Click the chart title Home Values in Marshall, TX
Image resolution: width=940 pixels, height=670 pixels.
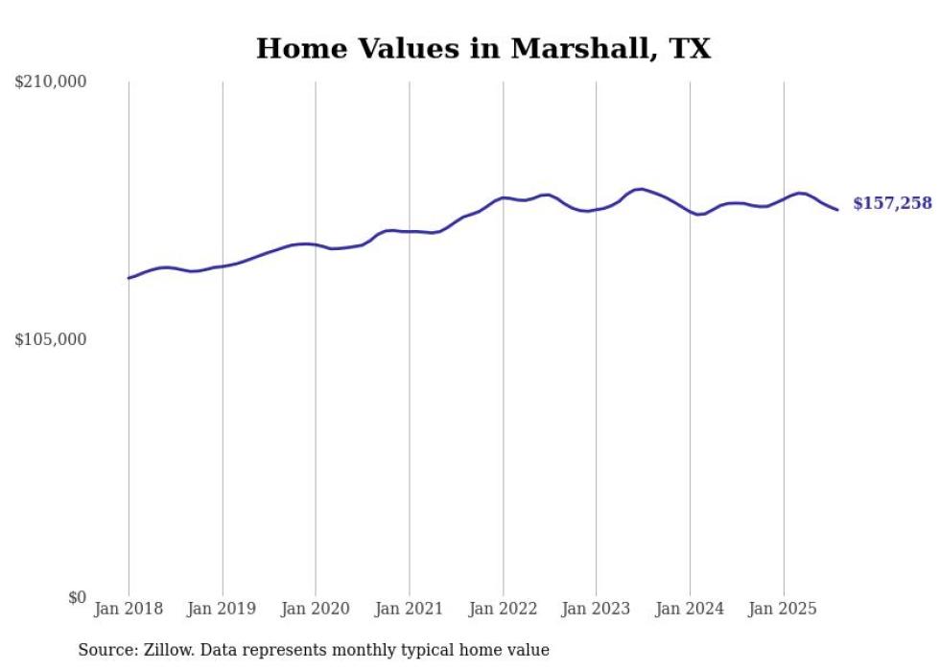tap(483, 49)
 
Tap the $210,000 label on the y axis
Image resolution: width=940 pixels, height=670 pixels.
tap(51, 82)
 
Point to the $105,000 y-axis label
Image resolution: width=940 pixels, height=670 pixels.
tap(51, 339)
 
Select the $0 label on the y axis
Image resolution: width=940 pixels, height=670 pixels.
tap(77, 597)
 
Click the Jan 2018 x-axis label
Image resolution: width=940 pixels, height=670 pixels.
tap(129, 609)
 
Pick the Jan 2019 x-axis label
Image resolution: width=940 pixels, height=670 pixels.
tap(223, 609)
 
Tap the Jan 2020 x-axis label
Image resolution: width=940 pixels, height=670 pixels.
tap(316, 609)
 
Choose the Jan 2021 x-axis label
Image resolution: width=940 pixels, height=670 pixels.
tap(410, 609)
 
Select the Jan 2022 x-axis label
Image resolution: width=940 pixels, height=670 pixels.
tap(503, 609)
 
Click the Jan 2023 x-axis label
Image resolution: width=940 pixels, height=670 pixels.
tap(597, 609)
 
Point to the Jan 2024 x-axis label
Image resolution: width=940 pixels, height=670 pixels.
tap(690, 609)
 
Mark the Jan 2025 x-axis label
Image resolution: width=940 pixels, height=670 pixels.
tap(784, 609)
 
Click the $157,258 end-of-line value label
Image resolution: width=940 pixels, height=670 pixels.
tap(892, 203)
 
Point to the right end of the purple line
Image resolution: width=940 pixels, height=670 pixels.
tap(837, 209)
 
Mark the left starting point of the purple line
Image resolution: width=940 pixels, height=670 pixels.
tap(129, 278)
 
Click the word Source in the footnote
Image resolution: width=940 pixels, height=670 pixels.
tap(104, 650)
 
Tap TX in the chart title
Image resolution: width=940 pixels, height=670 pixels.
tap(690, 49)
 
